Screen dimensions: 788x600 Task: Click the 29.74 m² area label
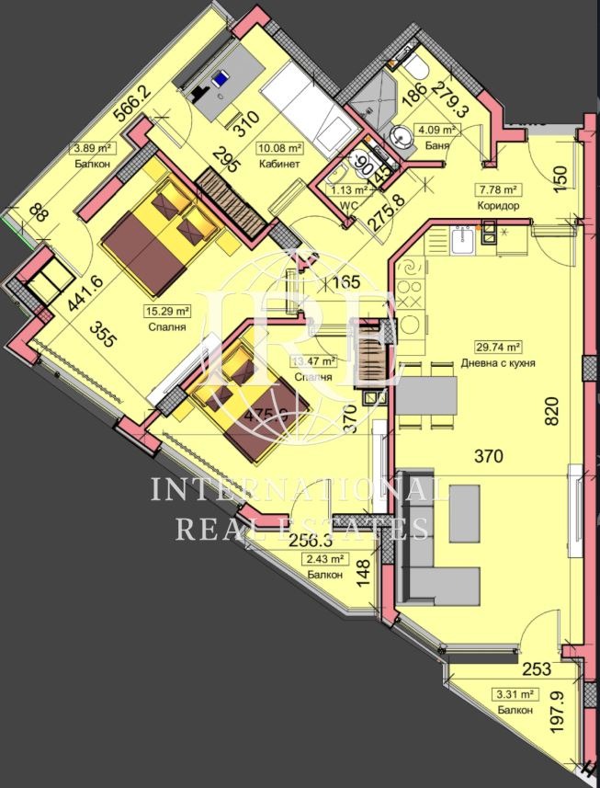pyautogui.click(x=500, y=348)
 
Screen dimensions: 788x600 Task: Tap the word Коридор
pyautogui.click(x=500, y=206)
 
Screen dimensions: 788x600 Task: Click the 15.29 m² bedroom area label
pyautogui.click(x=166, y=311)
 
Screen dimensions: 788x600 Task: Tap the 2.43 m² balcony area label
pyautogui.click(x=326, y=558)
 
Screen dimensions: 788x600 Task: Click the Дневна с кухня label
pyautogui.click(x=499, y=362)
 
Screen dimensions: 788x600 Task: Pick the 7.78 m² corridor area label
pyautogui.click(x=500, y=190)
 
